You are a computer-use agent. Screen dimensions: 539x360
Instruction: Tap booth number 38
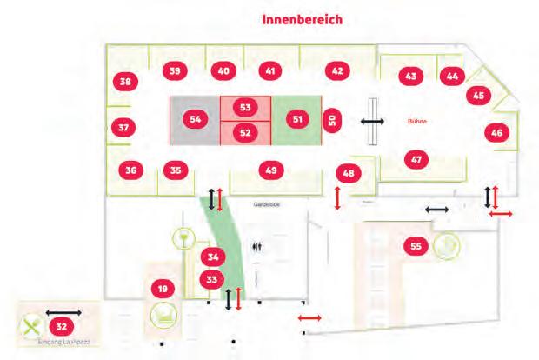click(x=126, y=83)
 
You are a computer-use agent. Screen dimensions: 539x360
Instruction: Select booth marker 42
click(x=336, y=70)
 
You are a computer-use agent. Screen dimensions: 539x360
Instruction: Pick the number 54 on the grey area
click(x=195, y=118)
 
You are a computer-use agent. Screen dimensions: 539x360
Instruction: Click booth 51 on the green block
click(x=298, y=118)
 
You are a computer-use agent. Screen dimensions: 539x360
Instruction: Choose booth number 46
click(x=496, y=133)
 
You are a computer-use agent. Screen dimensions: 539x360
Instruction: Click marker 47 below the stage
click(x=417, y=159)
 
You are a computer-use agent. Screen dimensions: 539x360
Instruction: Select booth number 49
click(x=271, y=170)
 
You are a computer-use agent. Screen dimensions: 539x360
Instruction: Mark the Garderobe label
click(x=264, y=206)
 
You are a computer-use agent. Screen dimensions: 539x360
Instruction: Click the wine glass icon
click(x=183, y=237)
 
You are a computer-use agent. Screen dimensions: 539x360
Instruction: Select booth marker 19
click(x=161, y=288)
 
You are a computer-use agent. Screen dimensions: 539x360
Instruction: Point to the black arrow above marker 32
click(x=63, y=311)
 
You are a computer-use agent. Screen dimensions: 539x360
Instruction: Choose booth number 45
click(x=477, y=96)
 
